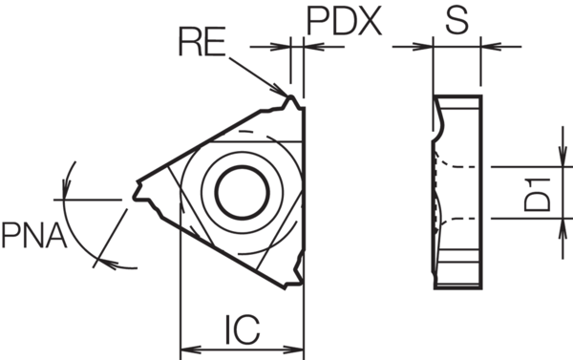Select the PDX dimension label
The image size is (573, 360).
[x=344, y=20]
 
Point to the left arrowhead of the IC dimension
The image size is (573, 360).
[x=186, y=347]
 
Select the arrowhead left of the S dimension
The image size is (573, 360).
[x=427, y=45]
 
